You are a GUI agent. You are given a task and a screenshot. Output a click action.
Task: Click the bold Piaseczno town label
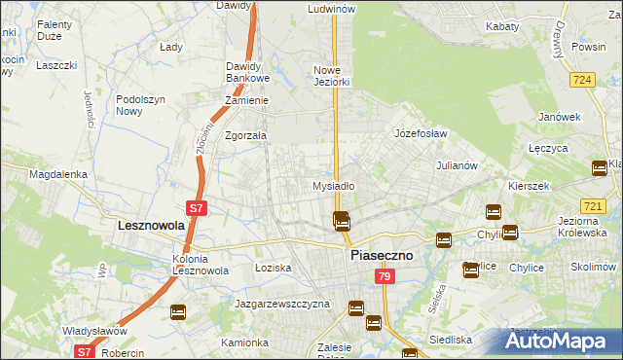click(x=382, y=255)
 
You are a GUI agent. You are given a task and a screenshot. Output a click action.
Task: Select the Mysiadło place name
click(x=333, y=185)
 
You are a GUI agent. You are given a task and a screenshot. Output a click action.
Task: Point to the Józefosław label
click(x=420, y=132)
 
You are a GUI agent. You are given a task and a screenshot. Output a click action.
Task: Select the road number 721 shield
click(x=593, y=206)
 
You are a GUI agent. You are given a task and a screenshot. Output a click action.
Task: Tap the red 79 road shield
click(x=385, y=278)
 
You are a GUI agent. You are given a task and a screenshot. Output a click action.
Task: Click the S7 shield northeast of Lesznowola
click(x=196, y=207)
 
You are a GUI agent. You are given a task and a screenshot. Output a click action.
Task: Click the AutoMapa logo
click(x=563, y=342)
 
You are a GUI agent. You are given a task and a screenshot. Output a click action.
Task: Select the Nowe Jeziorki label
click(x=331, y=76)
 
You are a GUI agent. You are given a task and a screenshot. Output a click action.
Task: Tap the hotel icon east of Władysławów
click(x=178, y=312)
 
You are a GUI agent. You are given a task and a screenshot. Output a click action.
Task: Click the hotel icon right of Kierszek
click(x=599, y=168)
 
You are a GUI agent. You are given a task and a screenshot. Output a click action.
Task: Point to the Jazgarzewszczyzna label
click(x=282, y=304)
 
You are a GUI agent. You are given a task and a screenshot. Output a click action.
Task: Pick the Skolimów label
click(x=594, y=266)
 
